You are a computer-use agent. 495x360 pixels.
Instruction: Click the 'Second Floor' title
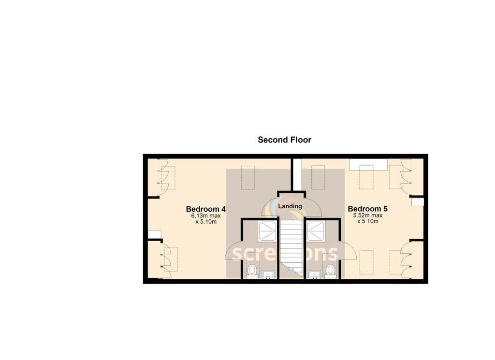click(284, 140)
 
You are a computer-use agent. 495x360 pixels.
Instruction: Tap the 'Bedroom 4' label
click(206, 209)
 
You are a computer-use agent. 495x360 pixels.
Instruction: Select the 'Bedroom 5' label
click(367, 209)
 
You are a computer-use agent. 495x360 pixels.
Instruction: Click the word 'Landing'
click(290, 206)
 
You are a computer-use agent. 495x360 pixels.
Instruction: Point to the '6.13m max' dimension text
click(206, 216)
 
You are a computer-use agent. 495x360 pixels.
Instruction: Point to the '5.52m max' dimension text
click(368, 216)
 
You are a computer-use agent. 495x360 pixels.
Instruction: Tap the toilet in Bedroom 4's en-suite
click(252, 271)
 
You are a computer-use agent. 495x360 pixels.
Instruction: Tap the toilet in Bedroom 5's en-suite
click(331, 271)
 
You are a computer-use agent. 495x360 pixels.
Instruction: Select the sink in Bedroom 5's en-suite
click(315, 275)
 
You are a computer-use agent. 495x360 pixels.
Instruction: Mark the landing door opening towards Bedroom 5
click(313, 208)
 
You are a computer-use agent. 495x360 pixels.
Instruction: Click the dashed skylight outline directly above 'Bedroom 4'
click(247, 177)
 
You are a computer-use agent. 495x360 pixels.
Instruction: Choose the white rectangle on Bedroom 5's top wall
click(368, 164)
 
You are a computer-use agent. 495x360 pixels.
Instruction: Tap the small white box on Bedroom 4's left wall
click(155, 235)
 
